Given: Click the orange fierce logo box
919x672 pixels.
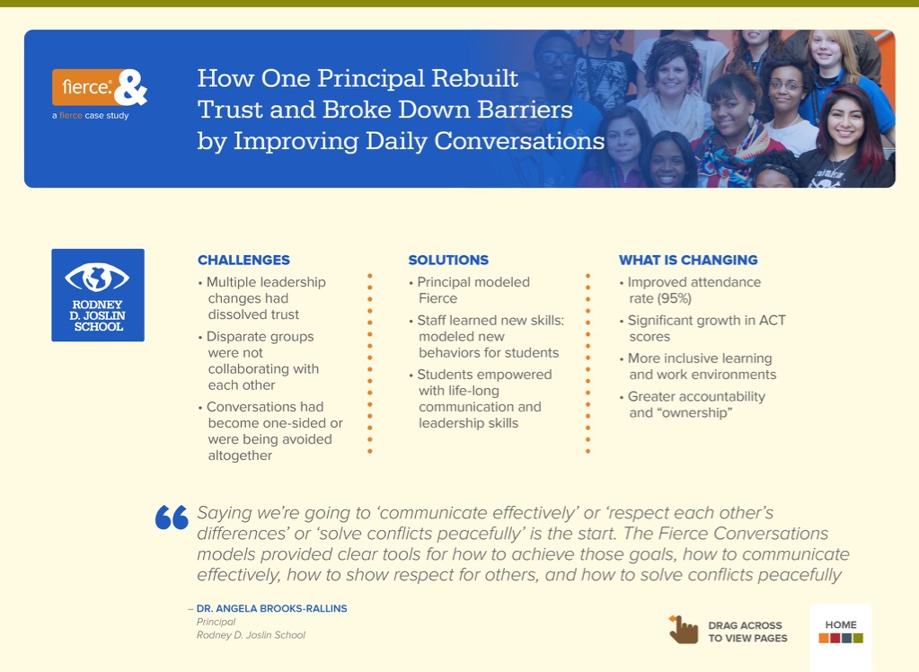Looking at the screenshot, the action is point(85,87).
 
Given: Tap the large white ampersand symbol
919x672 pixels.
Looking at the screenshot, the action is point(130,87).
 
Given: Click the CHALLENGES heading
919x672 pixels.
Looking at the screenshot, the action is point(243,260).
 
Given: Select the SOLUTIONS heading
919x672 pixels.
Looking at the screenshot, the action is point(448,260).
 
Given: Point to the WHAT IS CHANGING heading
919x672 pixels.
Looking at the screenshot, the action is point(688,260).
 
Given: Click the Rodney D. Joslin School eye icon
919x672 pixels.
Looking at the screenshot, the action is point(97,278).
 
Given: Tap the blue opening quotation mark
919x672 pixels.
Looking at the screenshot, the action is point(172,517).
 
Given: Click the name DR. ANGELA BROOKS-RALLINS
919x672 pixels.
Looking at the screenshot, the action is point(271,609).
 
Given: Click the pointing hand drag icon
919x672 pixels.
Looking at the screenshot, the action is point(684,630).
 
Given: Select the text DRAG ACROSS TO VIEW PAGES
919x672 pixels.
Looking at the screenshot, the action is point(747,632).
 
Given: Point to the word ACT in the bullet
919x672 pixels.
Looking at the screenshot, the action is point(773,320).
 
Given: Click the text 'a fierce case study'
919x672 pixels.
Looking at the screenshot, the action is point(90,116).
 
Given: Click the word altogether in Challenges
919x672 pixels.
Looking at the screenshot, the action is point(240,455).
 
